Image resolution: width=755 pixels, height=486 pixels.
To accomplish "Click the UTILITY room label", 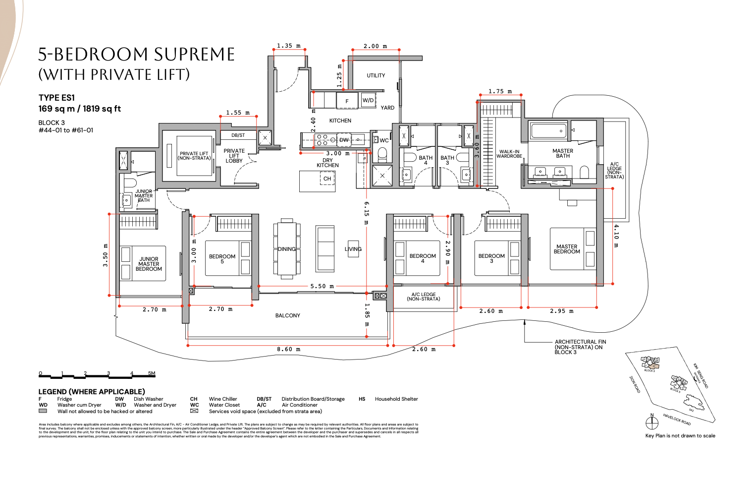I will pos(376,75).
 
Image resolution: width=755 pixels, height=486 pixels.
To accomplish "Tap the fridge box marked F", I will pos(347,101).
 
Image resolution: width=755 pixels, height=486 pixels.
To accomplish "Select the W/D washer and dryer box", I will pos(368,100).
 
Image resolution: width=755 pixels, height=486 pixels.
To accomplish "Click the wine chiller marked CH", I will pos(327,179).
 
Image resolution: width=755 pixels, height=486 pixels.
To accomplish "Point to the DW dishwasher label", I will pos(344,140).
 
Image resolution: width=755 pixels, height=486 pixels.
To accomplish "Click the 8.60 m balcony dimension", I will pos(288,349).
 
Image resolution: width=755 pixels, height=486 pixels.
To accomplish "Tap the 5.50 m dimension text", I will pos(322,286).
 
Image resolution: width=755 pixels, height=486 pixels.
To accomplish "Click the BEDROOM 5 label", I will pos(222,259).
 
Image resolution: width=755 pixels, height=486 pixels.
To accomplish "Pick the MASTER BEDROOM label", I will pos(567,249).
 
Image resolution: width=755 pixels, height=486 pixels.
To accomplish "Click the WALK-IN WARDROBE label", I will pos(509,154).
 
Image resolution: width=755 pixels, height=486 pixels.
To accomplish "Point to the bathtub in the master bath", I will pos(548,131).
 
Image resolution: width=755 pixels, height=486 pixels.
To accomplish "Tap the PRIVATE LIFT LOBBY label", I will pos(234,156).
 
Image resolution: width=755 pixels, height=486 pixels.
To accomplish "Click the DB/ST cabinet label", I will pos(238,135).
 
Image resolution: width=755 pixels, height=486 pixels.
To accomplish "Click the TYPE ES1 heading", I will pos(56,98).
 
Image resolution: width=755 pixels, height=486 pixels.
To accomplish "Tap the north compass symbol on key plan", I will pos(652,423).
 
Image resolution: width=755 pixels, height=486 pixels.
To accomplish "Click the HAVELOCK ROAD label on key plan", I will pos(677,420).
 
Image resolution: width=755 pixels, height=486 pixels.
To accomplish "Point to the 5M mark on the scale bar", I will pos(152,373).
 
